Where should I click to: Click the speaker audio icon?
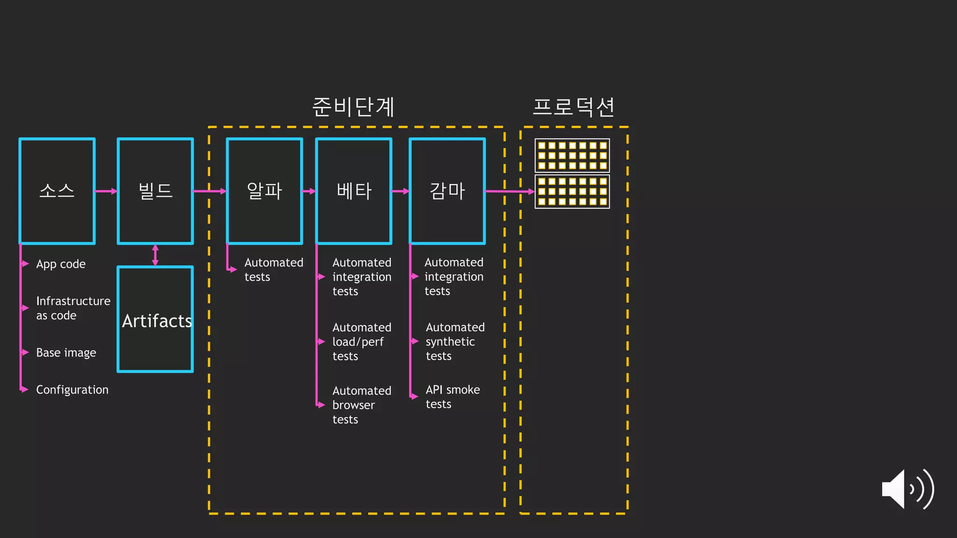pyautogui.click(x=907, y=489)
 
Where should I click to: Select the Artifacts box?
pyautogui.click(x=155, y=319)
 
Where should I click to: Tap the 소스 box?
pyautogui.click(x=57, y=191)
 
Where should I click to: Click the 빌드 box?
pyautogui.click(x=155, y=191)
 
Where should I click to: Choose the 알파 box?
pyautogui.click(x=264, y=191)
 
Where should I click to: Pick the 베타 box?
pyautogui.click(x=354, y=191)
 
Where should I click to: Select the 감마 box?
pyautogui.click(x=447, y=191)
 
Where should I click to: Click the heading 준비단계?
pyautogui.click(x=353, y=107)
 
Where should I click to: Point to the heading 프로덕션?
pyautogui.click(x=573, y=107)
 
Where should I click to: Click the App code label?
pyautogui.click(x=61, y=264)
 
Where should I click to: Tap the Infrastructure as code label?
pyautogui.click(x=73, y=308)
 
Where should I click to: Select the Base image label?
pyautogui.click(x=66, y=353)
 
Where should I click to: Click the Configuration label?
pyautogui.click(x=72, y=389)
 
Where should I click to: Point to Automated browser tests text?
pyautogui.click(x=361, y=405)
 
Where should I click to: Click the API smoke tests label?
pyautogui.click(x=452, y=396)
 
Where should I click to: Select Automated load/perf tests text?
pyautogui.click(x=361, y=342)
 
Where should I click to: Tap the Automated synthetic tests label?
pyautogui.click(x=455, y=341)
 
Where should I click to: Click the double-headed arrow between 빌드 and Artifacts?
pyautogui.click(x=155, y=255)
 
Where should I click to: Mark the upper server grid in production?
pyautogui.click(x=572, y=156)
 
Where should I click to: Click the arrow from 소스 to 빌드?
pyautogui.click(x=106, y=191)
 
